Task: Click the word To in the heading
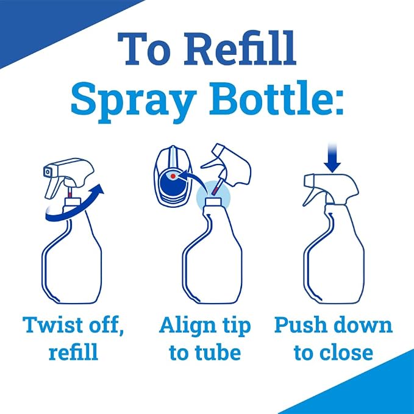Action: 144,49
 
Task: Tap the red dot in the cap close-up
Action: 173,176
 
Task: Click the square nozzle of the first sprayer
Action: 48,172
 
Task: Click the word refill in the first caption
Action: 73,352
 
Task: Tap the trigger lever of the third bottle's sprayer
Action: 312,195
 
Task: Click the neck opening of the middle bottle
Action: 213,201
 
